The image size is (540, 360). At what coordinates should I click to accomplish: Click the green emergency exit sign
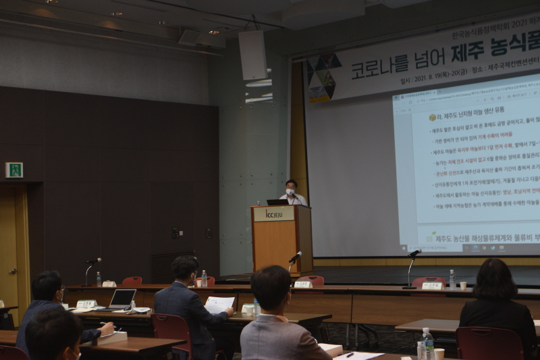(13, 170)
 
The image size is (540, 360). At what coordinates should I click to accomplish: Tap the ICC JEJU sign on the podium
(273, 213)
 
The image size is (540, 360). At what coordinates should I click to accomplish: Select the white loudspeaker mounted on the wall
(252, 55)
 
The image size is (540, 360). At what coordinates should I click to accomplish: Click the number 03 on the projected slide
(429, 239)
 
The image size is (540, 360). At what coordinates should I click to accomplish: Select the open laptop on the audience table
(122, 299)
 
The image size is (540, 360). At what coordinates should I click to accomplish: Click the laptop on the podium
(277, 201)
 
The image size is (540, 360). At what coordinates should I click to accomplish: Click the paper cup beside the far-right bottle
(462, 286)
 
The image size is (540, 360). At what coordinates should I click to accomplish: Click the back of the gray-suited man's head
(271, 287)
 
